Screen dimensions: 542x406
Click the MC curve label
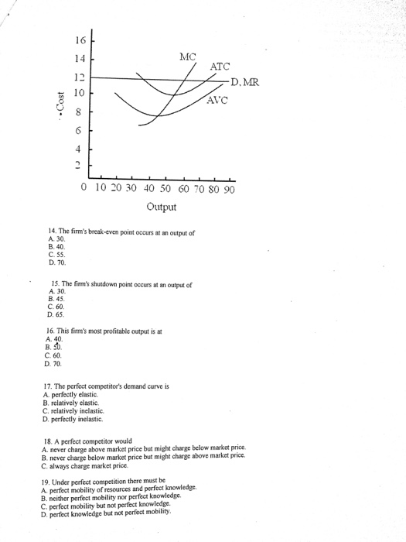click(x=187, y=56)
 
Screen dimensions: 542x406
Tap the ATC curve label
click(x=220, y=67)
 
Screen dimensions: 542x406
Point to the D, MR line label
click(x=247, y=83)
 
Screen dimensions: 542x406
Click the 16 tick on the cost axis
click(x=81, y=41)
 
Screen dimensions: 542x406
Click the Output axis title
click(x=161, y=207)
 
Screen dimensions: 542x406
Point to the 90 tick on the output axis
click(x=229, y=187)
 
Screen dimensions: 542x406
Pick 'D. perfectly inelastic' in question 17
click(x=85, y=418)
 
